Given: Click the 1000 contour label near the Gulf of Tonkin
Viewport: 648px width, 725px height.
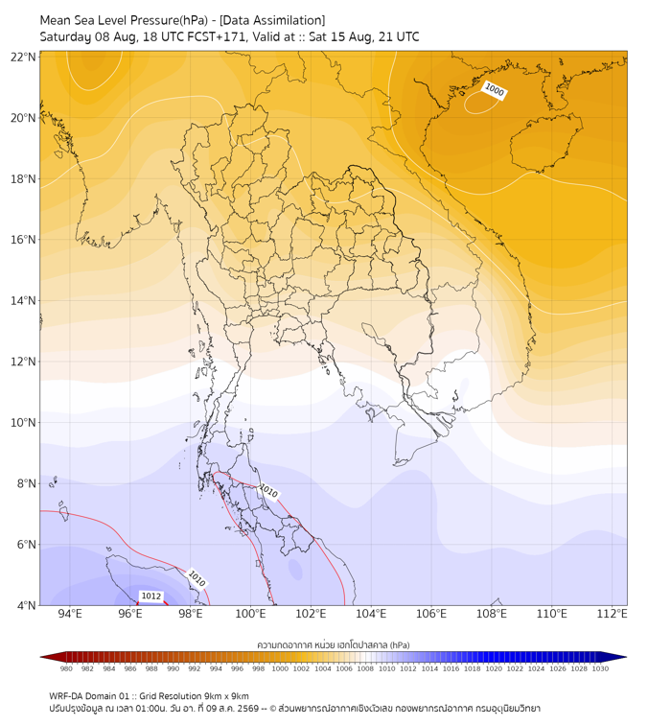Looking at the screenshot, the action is pyautogui.click(x=494, y=90).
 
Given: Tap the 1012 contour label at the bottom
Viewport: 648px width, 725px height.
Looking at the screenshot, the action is pyautogui.click(x=151, y=596).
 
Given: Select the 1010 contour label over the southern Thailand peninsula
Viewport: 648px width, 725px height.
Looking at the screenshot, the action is pyautogui.click(x=268, y=491).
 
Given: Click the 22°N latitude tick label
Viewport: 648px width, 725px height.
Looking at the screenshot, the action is pyautogui.click(x=23, y=57).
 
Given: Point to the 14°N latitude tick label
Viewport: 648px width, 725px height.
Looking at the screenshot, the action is pyautogui.click(x=23, y=300).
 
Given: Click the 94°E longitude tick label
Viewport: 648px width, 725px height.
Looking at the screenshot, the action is pyautogui.click(x=70, y=614).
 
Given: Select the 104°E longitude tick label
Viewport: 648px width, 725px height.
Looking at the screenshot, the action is pyautogui.click(x=371, y=614).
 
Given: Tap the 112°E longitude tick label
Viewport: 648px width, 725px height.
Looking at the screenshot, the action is pyautogui.click(x=613, y=614).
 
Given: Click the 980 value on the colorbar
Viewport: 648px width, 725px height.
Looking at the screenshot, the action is pyautogui.click(x=66, y=668).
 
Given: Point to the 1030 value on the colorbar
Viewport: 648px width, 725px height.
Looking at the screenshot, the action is pyautogui.click(x=600, y=668).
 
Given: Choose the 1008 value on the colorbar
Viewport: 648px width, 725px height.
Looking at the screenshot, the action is pyautogui.click(x=365, y=668).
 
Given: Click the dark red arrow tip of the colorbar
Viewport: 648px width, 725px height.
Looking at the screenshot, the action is pyautogui.click(x=41, y=657).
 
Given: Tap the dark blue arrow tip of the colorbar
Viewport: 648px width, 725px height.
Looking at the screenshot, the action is pyautogui.click(x=626, y=657).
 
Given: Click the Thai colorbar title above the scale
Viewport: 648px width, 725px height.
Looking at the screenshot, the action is pyautogui.click(x=334, y=644).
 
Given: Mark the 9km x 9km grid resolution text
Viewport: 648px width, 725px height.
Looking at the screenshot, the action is pyautogui.click(x=225, y=696).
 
